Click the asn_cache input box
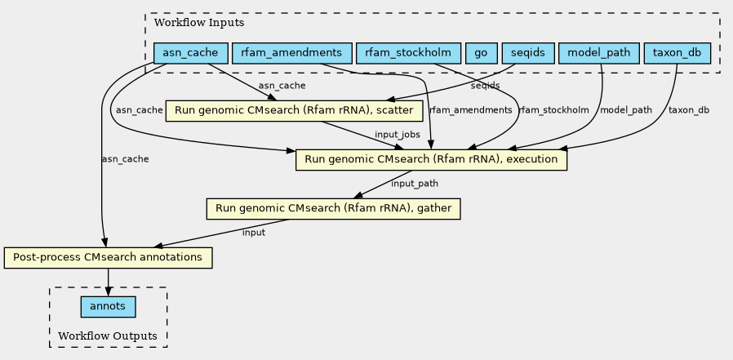pos(191,53)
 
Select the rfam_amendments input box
pos(291,53)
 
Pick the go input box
pos(481,53)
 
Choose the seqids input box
pos(528,53)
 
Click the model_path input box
pos(599,53)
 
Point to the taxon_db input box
pos(677,53)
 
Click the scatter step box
pos(295,111)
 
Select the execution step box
pos(431,159)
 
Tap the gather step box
pos(333,208)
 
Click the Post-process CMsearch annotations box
pos(108,258)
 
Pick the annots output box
pos(108,307)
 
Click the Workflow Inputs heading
pos(199,22)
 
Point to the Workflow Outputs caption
pos(108,336)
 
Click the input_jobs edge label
pos(398,135)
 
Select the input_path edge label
pos(415,184)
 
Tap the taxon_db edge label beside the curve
pos(689,110)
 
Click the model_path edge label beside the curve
pos(625,110)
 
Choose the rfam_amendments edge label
pos(470,110)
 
